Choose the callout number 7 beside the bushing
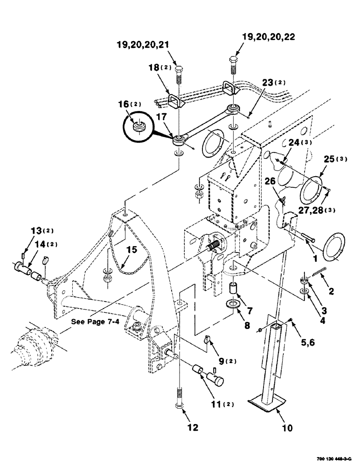249,309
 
